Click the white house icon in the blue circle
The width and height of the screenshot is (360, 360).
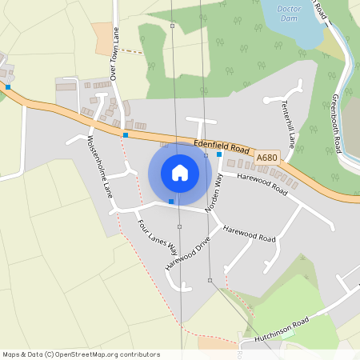180,173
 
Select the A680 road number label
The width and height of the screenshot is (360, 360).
268,158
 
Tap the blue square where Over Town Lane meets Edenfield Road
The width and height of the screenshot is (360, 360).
126,135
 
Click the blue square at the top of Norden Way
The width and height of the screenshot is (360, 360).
219,154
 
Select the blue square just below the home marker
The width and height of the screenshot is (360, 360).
171,202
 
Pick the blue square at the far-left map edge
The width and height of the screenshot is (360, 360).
8,86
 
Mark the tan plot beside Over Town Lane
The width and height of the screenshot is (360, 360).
104,34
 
